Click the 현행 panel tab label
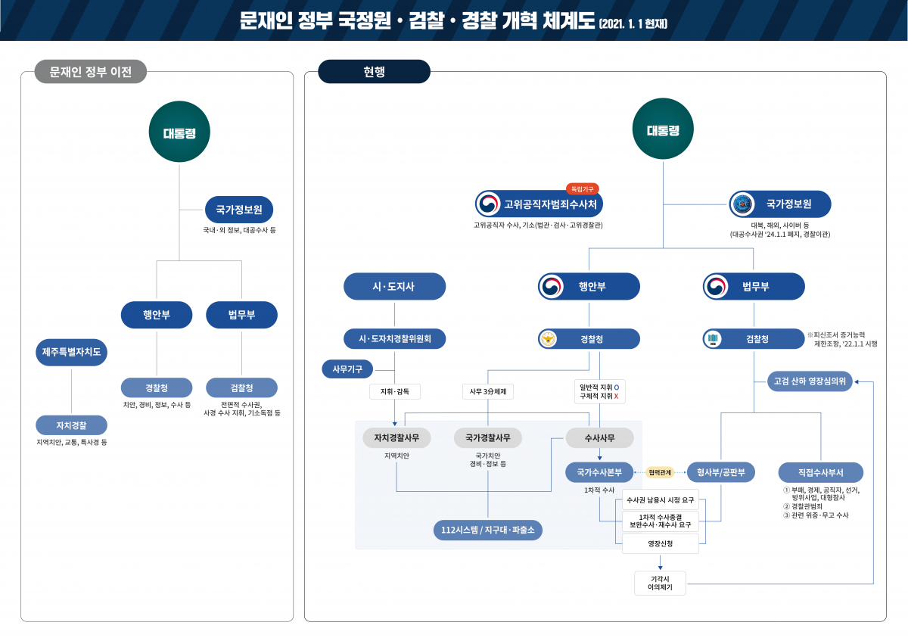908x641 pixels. [x=374, y=72]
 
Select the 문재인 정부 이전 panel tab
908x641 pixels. [x=90, y=72]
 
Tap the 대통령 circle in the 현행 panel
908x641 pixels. [x=663, y=130]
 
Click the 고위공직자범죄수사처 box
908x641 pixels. [x=539, y=204]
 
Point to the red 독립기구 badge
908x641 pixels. [x=582, y=188]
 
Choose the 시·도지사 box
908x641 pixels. [x=394, y=287]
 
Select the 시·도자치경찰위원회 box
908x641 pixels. [x=394, y=339]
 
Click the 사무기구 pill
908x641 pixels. [x=347, y=369]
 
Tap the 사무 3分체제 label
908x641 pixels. [x=487, y=391]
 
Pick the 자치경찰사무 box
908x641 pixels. [x=396, y=437]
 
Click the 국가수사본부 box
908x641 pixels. [x=599, y=472]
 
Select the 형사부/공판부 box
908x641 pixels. [x=721, y=472]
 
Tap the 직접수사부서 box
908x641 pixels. [x=820, y=472]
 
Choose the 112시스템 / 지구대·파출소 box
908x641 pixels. [x=487, y=531]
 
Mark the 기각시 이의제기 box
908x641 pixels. [x=660, y=583]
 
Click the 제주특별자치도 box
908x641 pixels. [x=71, y=352]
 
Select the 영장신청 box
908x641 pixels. [x=660, y=543]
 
